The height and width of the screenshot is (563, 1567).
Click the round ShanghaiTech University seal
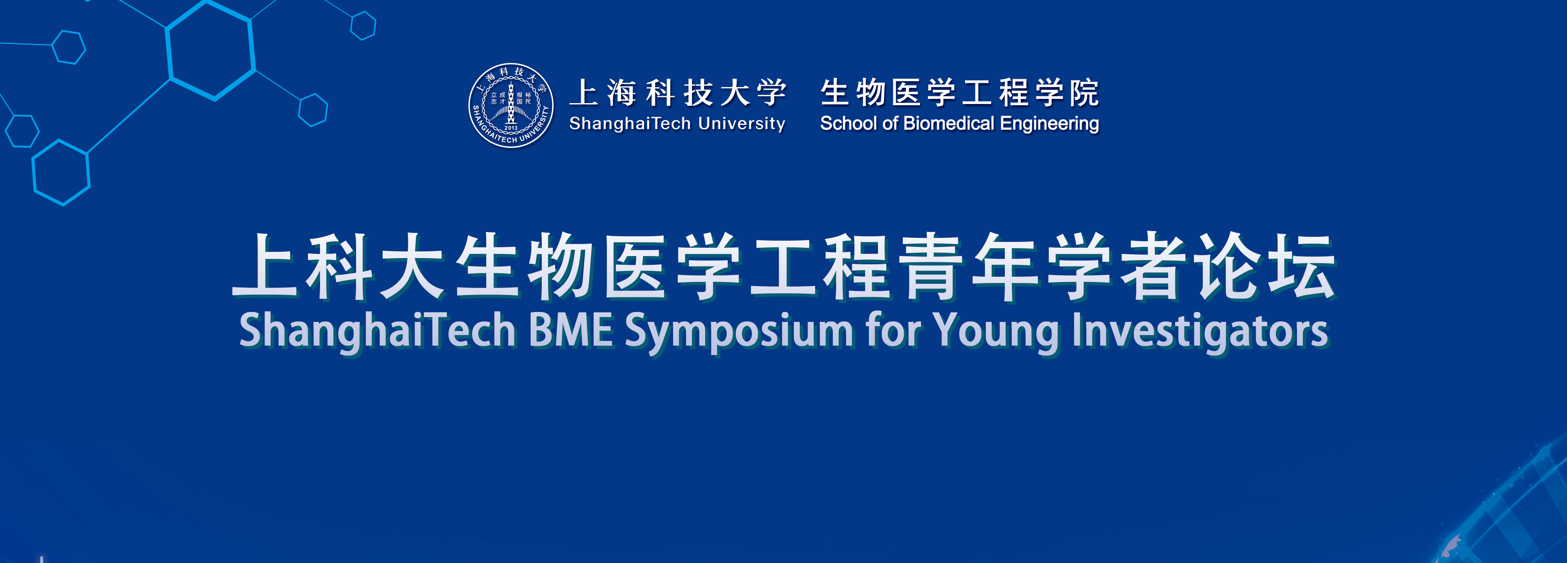[x=511, y=105]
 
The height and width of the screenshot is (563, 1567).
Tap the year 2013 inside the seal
[x=511, y=128]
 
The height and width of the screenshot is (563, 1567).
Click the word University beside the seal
[x=742, y=124]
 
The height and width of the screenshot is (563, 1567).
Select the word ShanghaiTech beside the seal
[x=630, y=123]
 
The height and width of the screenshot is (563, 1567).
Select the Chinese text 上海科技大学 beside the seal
[x=678, y=92]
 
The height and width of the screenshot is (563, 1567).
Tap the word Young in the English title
[x=997, y=333]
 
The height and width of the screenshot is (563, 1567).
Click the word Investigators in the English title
[x=1200, y=333]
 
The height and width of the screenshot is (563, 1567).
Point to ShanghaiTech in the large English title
[x=377, y=332]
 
